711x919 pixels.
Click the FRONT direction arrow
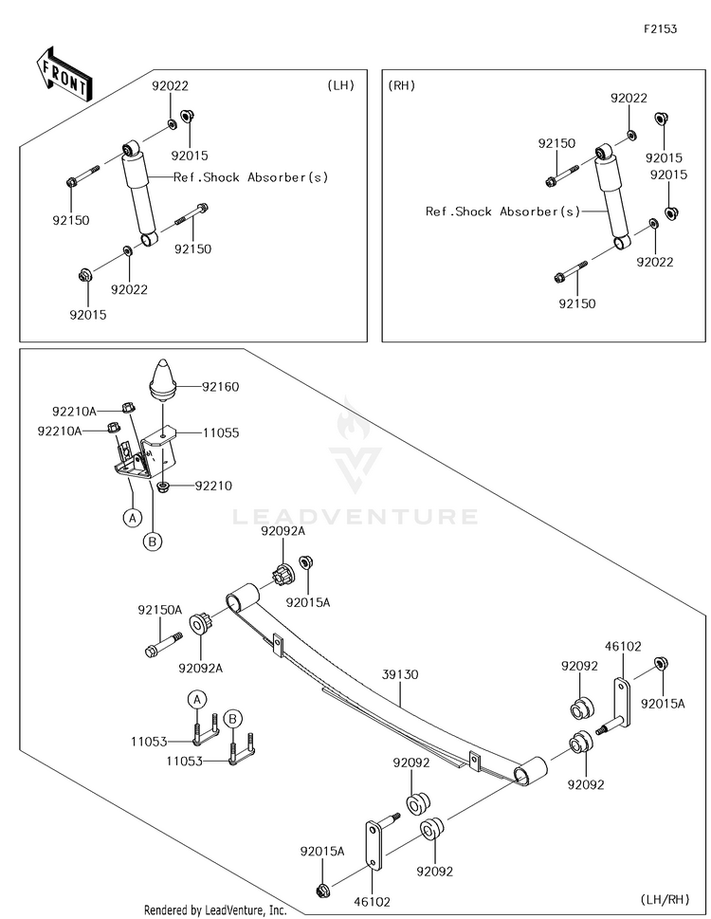[x=64, y=74]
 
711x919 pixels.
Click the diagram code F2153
[x=660, y=29]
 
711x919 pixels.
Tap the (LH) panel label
[x=341, y=85]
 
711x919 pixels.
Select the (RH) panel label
[x=401, y=85]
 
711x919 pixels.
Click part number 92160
[x=220, y=387]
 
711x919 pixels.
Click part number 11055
[x=221, y=433]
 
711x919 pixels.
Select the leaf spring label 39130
[x=400, y=674]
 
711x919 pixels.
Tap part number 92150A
[x=160, y=610]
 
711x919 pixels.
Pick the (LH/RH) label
[x=665, y=899]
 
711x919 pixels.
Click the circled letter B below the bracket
[x=153, y=542]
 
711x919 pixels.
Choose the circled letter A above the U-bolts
[x=197, y=700]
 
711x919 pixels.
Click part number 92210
[x=213, y=486]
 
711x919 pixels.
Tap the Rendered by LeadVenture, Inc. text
[x=215, y=910]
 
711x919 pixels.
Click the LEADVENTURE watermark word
[x=355, y=516]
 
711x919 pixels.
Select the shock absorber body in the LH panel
[x=140, y=193]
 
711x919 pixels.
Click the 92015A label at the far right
[x=663, y=704]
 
